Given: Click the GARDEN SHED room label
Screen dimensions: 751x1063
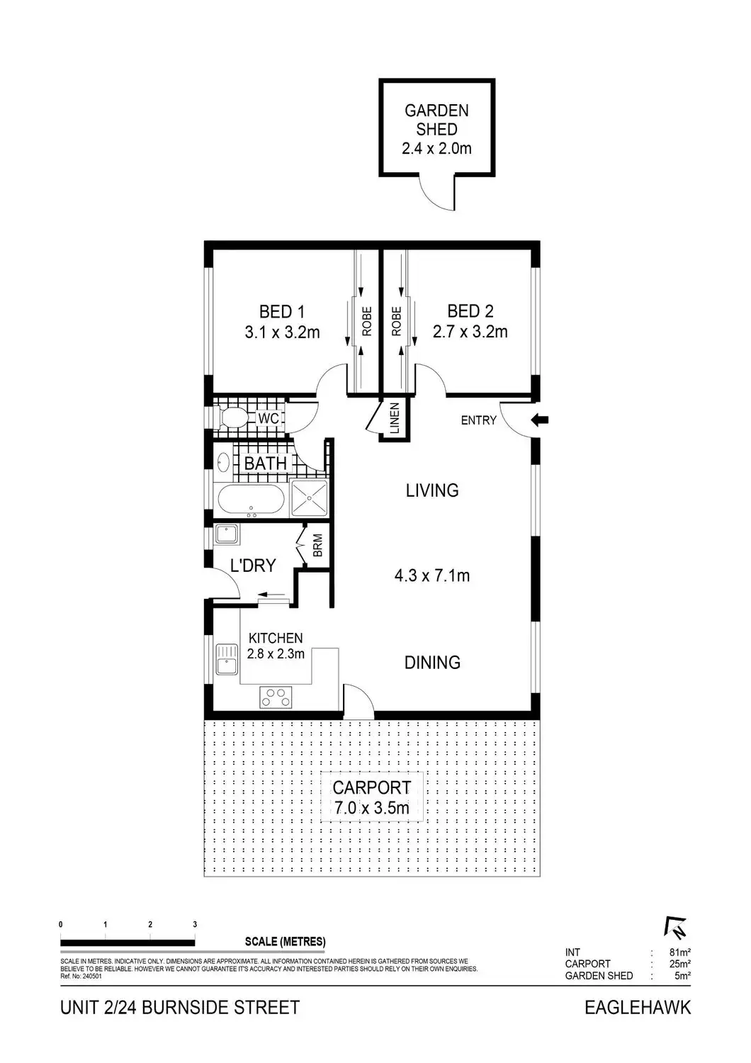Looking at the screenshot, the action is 436,120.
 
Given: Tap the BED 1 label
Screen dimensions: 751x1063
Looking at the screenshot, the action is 281,311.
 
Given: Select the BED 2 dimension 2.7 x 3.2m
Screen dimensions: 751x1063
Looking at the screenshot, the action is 470,332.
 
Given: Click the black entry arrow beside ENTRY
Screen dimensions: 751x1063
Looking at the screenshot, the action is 540,420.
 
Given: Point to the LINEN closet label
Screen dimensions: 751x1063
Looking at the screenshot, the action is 395,419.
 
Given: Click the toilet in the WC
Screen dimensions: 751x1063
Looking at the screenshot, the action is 231,418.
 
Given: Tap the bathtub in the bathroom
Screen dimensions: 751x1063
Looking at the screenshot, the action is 250,500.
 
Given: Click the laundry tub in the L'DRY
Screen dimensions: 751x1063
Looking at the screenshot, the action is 227,533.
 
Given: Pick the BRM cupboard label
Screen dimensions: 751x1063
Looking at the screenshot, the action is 317,545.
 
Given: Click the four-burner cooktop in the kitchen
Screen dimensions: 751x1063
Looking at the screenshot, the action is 275,697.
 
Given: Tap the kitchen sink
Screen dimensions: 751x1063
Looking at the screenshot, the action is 227,659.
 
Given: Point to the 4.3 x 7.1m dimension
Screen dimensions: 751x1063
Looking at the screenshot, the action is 432,575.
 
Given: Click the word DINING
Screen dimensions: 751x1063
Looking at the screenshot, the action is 432,663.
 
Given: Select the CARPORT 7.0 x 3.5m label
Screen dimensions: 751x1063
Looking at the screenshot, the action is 372,797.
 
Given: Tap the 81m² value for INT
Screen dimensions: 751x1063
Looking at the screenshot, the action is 679,952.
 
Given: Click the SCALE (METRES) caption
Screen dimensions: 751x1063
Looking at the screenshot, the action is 285,942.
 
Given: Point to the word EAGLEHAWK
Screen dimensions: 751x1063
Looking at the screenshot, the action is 637,1007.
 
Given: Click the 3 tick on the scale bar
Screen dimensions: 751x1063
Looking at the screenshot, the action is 195,925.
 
